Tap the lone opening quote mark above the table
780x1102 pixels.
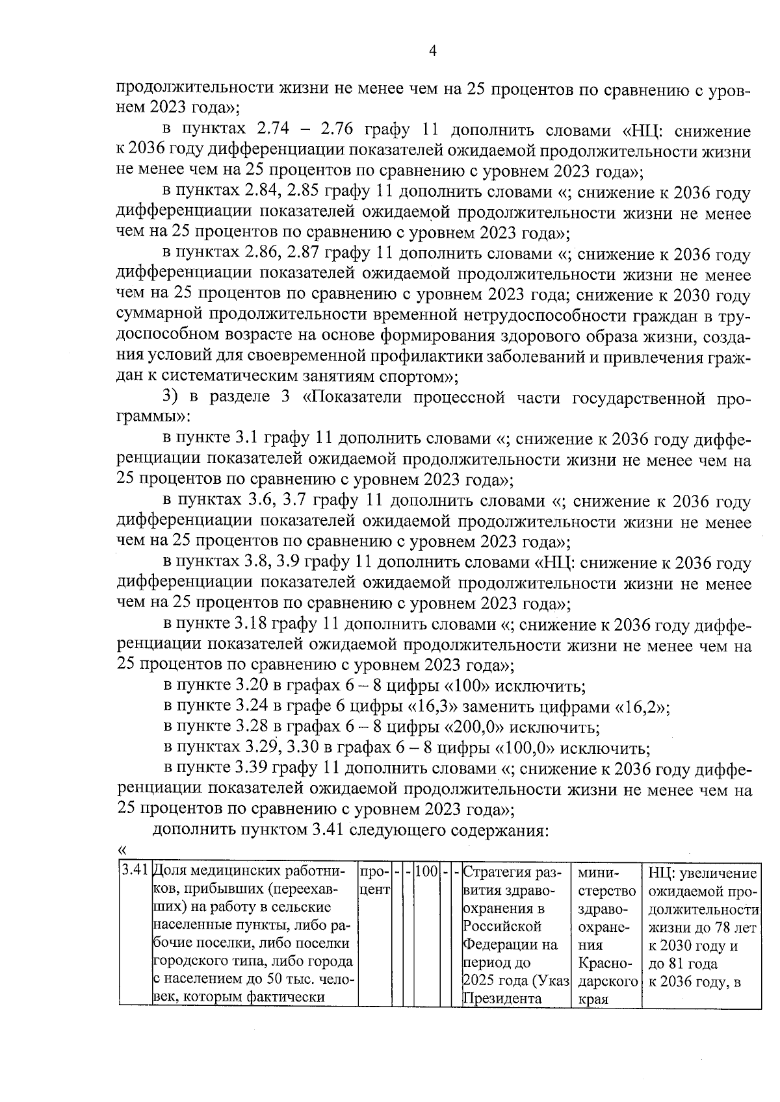tap(122, 849)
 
